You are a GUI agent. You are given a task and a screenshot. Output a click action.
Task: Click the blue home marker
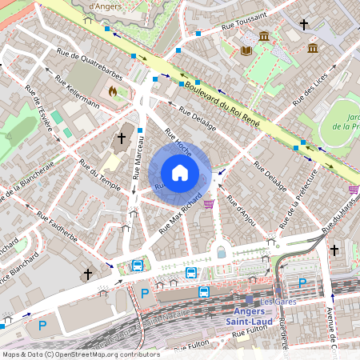[180, 172]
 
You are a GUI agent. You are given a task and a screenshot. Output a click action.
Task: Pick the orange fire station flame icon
[112, 92]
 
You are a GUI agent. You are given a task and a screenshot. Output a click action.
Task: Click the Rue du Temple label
[95, 174]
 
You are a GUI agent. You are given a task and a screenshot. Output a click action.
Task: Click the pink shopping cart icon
[209, 204]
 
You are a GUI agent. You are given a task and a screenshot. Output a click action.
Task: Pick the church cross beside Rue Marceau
[122, 138]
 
